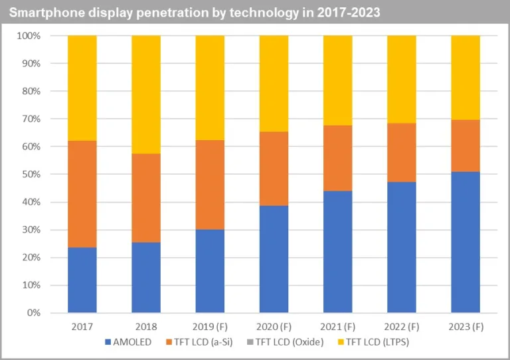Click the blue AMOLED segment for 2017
pos(82,280)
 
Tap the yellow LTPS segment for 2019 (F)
pos(210,88)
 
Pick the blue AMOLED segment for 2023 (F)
pos(465,242)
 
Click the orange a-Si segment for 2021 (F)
pos(337,158)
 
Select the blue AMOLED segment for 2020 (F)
pos(274,259)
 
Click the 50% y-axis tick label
pos(31,174)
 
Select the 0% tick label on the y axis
pos(33,313)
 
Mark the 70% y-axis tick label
pos(31,119)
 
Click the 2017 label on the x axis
pos(82,326)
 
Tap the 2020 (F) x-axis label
pos(274,326)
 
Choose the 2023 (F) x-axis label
pos(465,326)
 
